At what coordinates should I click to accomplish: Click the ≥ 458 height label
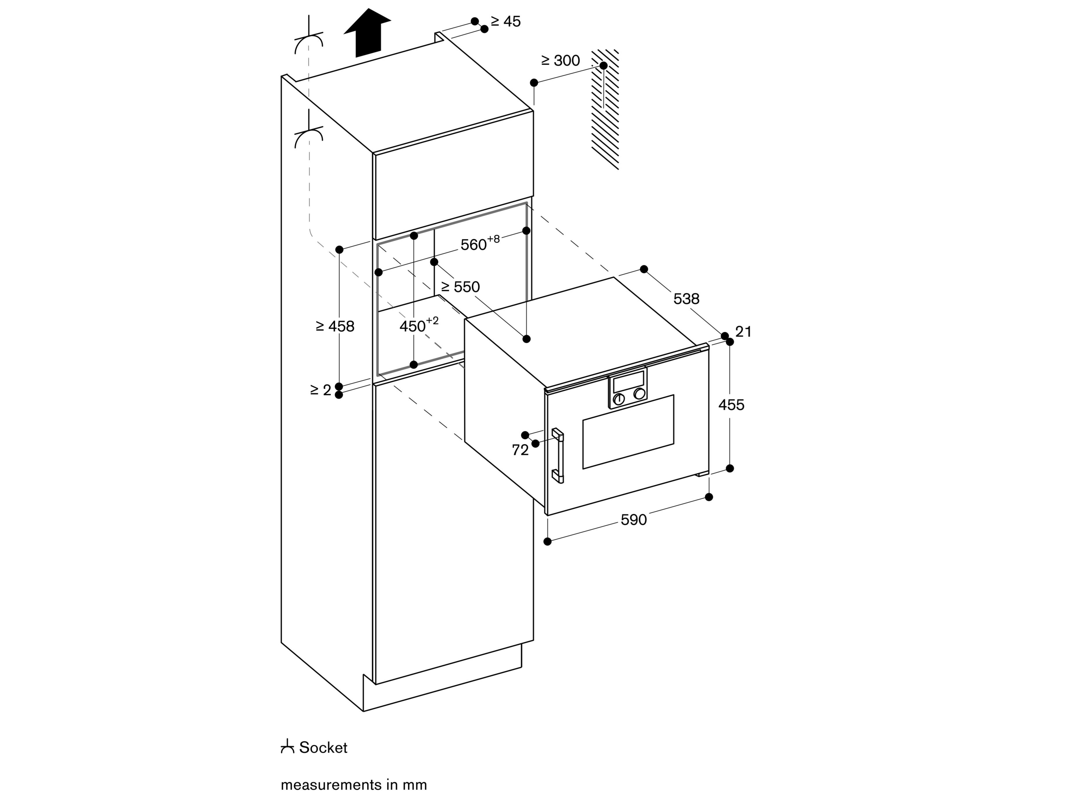pos(335,326)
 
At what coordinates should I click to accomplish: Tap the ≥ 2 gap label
pos(321,390)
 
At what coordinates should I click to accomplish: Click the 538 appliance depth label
pos(686,299)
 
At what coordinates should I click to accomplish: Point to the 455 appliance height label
pos(731,405)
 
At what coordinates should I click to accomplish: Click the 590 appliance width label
pos(634,520)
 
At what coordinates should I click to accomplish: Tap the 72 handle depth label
pos(520,450)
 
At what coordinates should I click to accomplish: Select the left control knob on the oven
pos(618,399)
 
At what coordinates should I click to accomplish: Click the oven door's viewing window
pos(628,432)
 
